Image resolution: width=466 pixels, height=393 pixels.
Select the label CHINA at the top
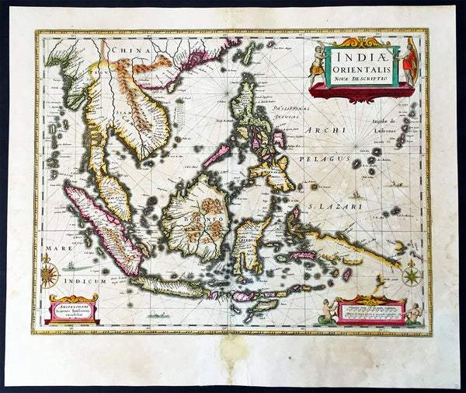click(x=130, y=51)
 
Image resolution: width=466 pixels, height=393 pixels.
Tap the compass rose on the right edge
click(x=412, y=274)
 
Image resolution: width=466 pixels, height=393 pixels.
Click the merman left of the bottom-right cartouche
click(x=329, y=311)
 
